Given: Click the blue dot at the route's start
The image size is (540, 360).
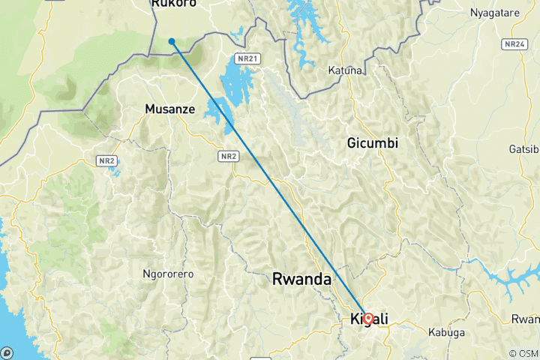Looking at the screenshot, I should click(x=172, y=41).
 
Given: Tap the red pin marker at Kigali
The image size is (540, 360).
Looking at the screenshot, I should click(x=368, y=318).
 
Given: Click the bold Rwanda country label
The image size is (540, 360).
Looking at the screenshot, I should click(x=301, y=279).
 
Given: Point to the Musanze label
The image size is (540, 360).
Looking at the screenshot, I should click(x=169, y=109).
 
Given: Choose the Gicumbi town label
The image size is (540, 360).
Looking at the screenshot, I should click(x=373, y=142).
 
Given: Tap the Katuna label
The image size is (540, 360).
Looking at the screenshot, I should click(x=345, y=70).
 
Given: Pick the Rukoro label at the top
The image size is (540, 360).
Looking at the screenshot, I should click(x=173, y=4).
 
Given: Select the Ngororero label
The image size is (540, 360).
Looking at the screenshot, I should click(x=168, y=274).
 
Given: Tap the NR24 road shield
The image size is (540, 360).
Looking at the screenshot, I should click(x=514, y=43).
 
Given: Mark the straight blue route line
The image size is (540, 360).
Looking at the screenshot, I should click(x=270, y=180).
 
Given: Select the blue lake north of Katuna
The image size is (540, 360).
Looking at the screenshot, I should click(x=303, y=30).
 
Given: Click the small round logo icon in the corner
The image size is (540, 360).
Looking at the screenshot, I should click(x=7, y=352).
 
